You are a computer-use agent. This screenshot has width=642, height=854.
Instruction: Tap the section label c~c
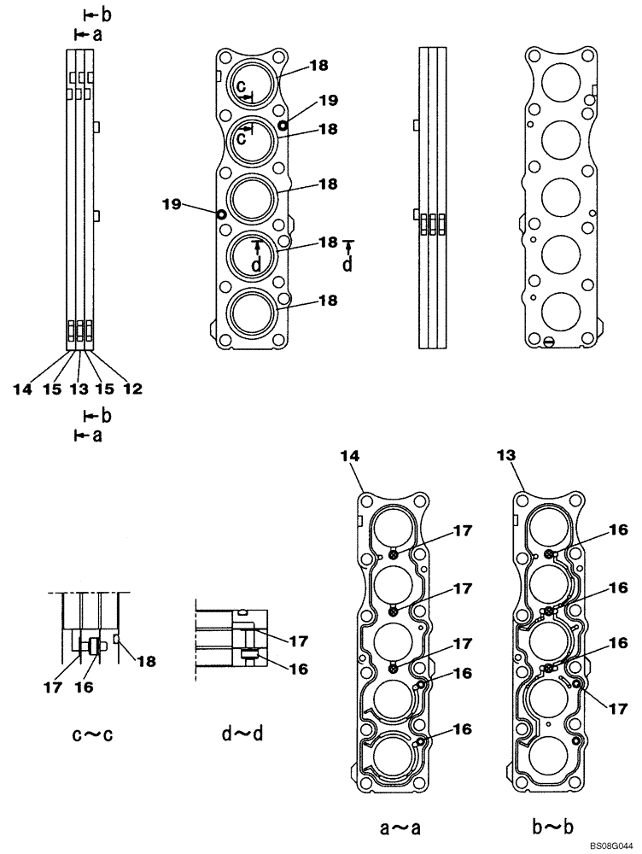(x=94, y=734)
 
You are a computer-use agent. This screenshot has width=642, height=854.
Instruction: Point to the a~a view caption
(x=400, y=827)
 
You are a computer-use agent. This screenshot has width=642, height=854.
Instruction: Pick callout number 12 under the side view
(x=131, y=389)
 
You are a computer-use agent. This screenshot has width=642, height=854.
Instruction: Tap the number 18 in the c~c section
(x=147, y=661)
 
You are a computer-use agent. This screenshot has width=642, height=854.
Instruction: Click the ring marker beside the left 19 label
(x=222, y=214)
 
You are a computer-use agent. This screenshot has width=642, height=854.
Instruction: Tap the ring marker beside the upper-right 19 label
(x=283, y=125)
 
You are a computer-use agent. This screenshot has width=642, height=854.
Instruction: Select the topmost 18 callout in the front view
(x=295, y=65)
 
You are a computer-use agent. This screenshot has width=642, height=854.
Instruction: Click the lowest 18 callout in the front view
(x=304, y=301)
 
